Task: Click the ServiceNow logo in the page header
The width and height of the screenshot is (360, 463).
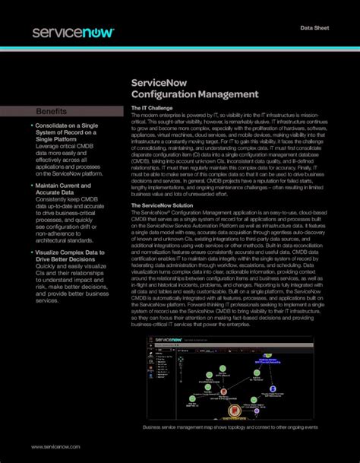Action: [73, 32]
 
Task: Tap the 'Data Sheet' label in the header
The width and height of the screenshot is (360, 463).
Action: [316, 28]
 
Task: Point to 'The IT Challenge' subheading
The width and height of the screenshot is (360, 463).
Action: [152, 109]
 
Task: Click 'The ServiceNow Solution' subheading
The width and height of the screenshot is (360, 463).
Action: [162, 205]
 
